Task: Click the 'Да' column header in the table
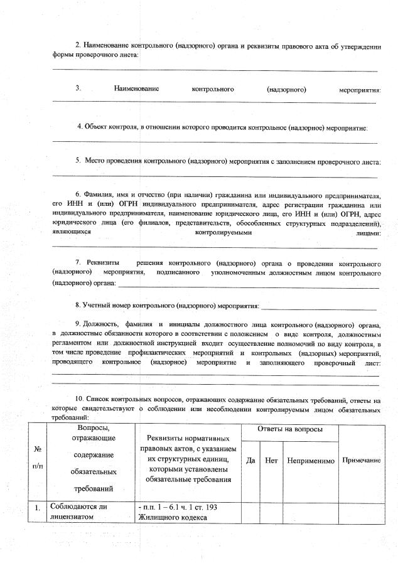(x=250, y=460)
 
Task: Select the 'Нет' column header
(x=272, y=460)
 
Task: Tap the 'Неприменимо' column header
(x=310, y=460)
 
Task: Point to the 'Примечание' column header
(x=361, y=460)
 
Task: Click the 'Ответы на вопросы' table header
(x=290, y=429)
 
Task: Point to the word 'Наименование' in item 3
(x=136, y=89)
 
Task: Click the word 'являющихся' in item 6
(x=72, y=232)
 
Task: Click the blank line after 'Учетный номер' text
(x=319, y=308)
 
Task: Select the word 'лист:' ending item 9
(x=372, y=363)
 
